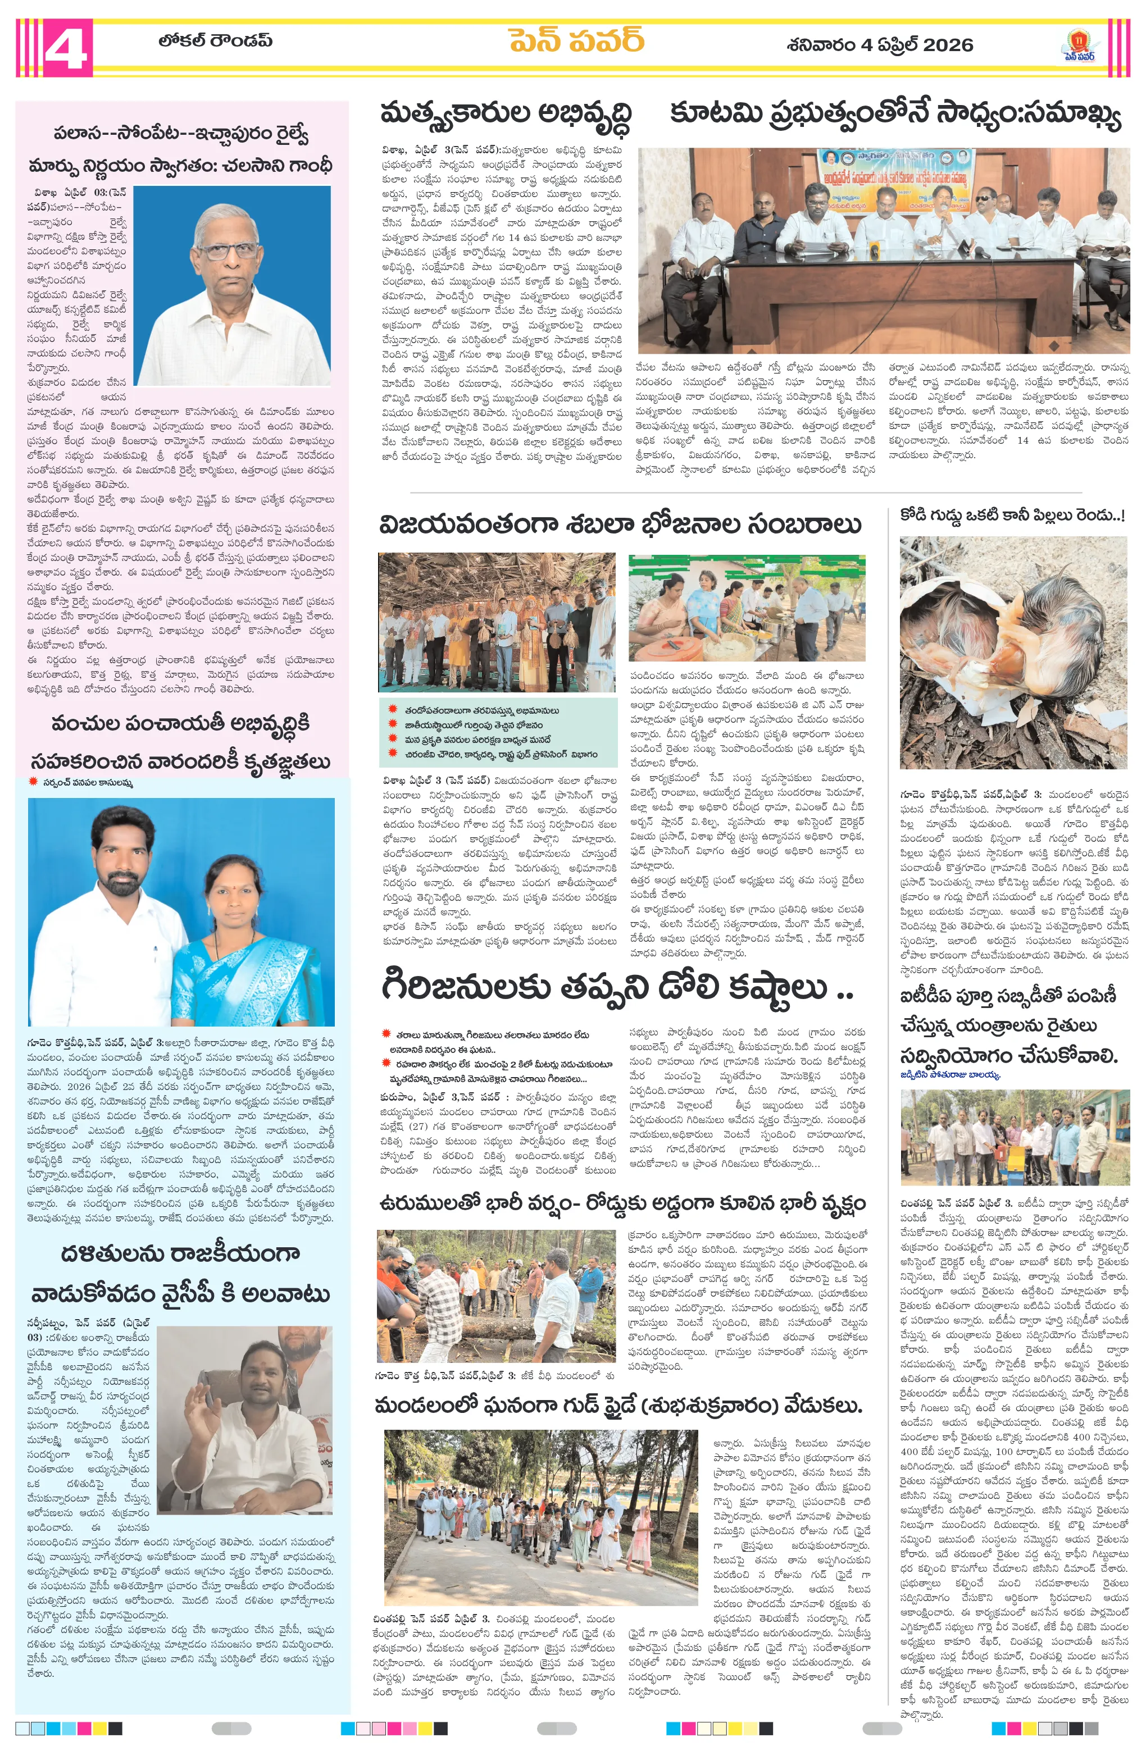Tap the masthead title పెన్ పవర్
tap(576, 42)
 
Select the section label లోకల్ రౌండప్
tap(215, 40)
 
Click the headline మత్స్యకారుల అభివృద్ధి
tap(506, 115)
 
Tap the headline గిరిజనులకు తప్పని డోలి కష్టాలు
tap(617, 986)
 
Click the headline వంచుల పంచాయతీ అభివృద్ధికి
tap(181, 723)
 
